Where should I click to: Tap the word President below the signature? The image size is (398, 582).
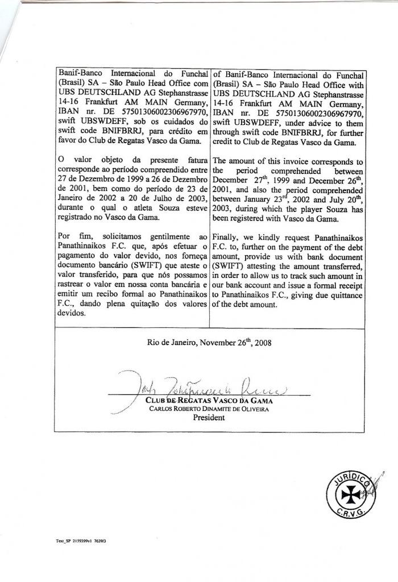coord(209,417)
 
